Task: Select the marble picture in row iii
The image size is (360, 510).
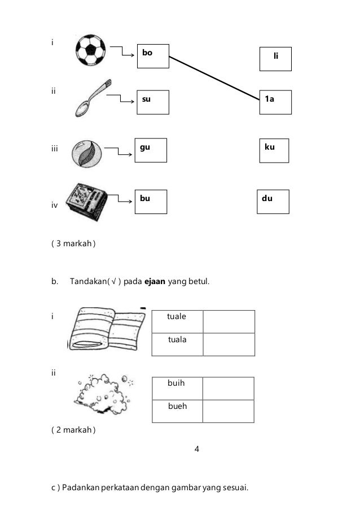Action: tap(87, 153)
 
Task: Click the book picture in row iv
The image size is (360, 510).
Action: tap(85, 202)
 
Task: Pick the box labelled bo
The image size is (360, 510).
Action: tap(153, 56)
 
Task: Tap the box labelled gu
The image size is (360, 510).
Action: tap(151, 150)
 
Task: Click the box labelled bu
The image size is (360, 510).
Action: tap(151, 202)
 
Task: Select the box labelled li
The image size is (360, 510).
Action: tap(275, 59)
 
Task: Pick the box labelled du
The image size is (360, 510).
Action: tap(273, 202)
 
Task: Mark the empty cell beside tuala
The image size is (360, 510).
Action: tap(229, 344)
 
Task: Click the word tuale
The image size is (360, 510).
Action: tap(177, 317)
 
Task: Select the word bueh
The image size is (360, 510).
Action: tap(177, 406)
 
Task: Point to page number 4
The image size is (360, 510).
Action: tap(196, 450)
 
